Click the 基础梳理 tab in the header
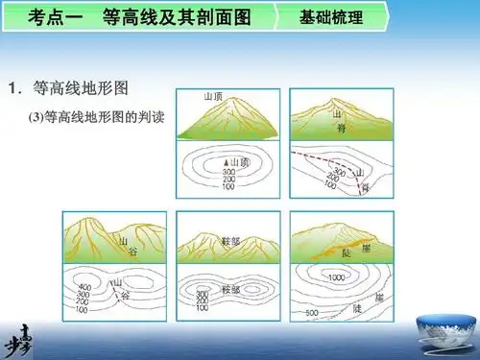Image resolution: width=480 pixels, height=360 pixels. pyautogui.click(x=331, y=18)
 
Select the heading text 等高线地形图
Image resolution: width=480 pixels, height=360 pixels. pyautogui.click(x=81, y=89)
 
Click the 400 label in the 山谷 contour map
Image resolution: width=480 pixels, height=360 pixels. pyautogui.click(x=84, y=288)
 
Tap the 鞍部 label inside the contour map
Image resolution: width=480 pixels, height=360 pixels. pyautogui.click(x=230, y=288)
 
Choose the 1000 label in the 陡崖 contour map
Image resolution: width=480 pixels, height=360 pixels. pyautogui.click(x=336, y=277)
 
